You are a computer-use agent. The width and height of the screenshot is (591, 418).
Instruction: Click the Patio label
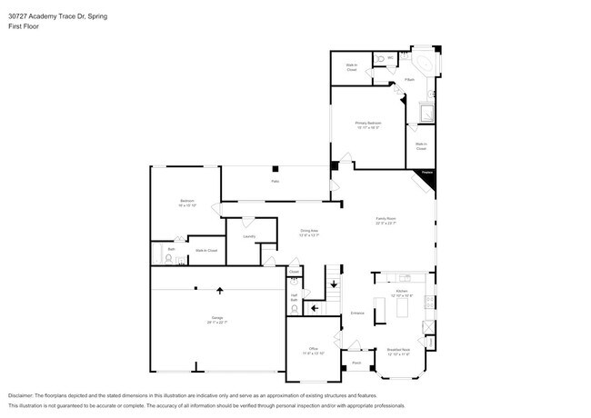pyautogui.click(x=275, y=182)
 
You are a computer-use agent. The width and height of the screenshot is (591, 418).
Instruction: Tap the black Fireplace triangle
pyautogui.click(x=427, y=179)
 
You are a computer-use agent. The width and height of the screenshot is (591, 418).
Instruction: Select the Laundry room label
pyautogui.click(x=248, y=236)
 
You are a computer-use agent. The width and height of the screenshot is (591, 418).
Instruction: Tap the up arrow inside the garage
pyautogui.click(x=218, y=291)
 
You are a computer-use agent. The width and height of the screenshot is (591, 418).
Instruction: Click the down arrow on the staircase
pyautogui.click(x=334, y=285)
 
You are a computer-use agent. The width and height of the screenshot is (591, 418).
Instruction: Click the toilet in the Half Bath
pyautogui.click(x=295, y=277)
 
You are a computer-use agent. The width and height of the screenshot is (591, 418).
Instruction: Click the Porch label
pyautogui.click(x=357, y=363)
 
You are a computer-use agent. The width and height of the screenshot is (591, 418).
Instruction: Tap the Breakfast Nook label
pyautogui.click(x=399, y=350)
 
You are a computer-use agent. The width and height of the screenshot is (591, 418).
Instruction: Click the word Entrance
pyautogui.click(x=357, y=313)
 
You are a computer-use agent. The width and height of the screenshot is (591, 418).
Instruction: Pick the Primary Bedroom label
pyautogui.click(x=368, y=124)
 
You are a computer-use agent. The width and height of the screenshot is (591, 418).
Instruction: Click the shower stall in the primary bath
pyautogui.click(x=425, y=114)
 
